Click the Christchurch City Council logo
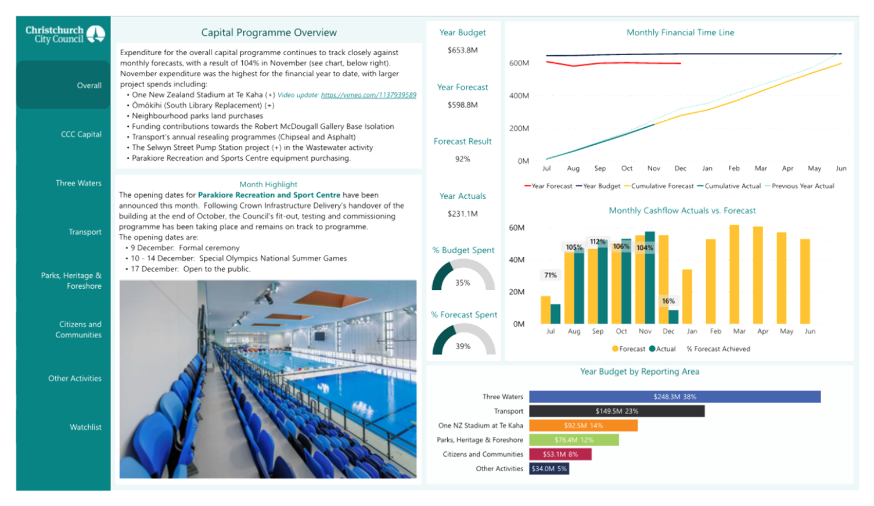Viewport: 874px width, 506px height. click(x=64, y=34)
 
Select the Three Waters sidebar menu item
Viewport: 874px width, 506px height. click(x=78, y=183)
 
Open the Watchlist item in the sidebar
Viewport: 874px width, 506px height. click(x=85, y=427)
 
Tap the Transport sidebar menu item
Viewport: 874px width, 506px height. click(x=85, y=232)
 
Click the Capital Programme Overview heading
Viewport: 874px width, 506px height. click(x=269, y=33)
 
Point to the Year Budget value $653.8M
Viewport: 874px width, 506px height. click(x=463, y=50)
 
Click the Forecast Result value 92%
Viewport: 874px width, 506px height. click(x=463, y=159)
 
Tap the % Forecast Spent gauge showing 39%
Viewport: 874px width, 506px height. click(x=463, y=339)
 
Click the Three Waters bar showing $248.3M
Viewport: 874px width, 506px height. click(x=674, y=397)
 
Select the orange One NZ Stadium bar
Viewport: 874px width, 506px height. click(x=583, y=426)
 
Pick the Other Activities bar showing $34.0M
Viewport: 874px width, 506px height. click(x=549, y=469)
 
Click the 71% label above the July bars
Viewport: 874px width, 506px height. click(x=551, y=275)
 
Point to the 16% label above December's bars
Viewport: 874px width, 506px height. click(x=668, y=301)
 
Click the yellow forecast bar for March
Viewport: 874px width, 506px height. click(x=734, y=274)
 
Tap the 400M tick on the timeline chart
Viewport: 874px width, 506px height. click(x=519, y=96)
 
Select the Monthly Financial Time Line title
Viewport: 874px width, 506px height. click(x=680, y=33)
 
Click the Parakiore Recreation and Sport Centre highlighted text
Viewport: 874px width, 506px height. click(x=269, y=195)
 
